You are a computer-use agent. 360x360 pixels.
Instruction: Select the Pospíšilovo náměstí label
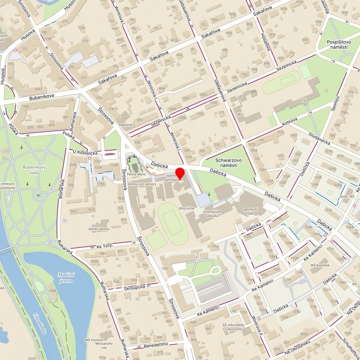point(340,47)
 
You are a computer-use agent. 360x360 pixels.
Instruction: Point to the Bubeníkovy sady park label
point(34,170)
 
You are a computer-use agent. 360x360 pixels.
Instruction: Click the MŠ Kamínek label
point(321,264)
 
